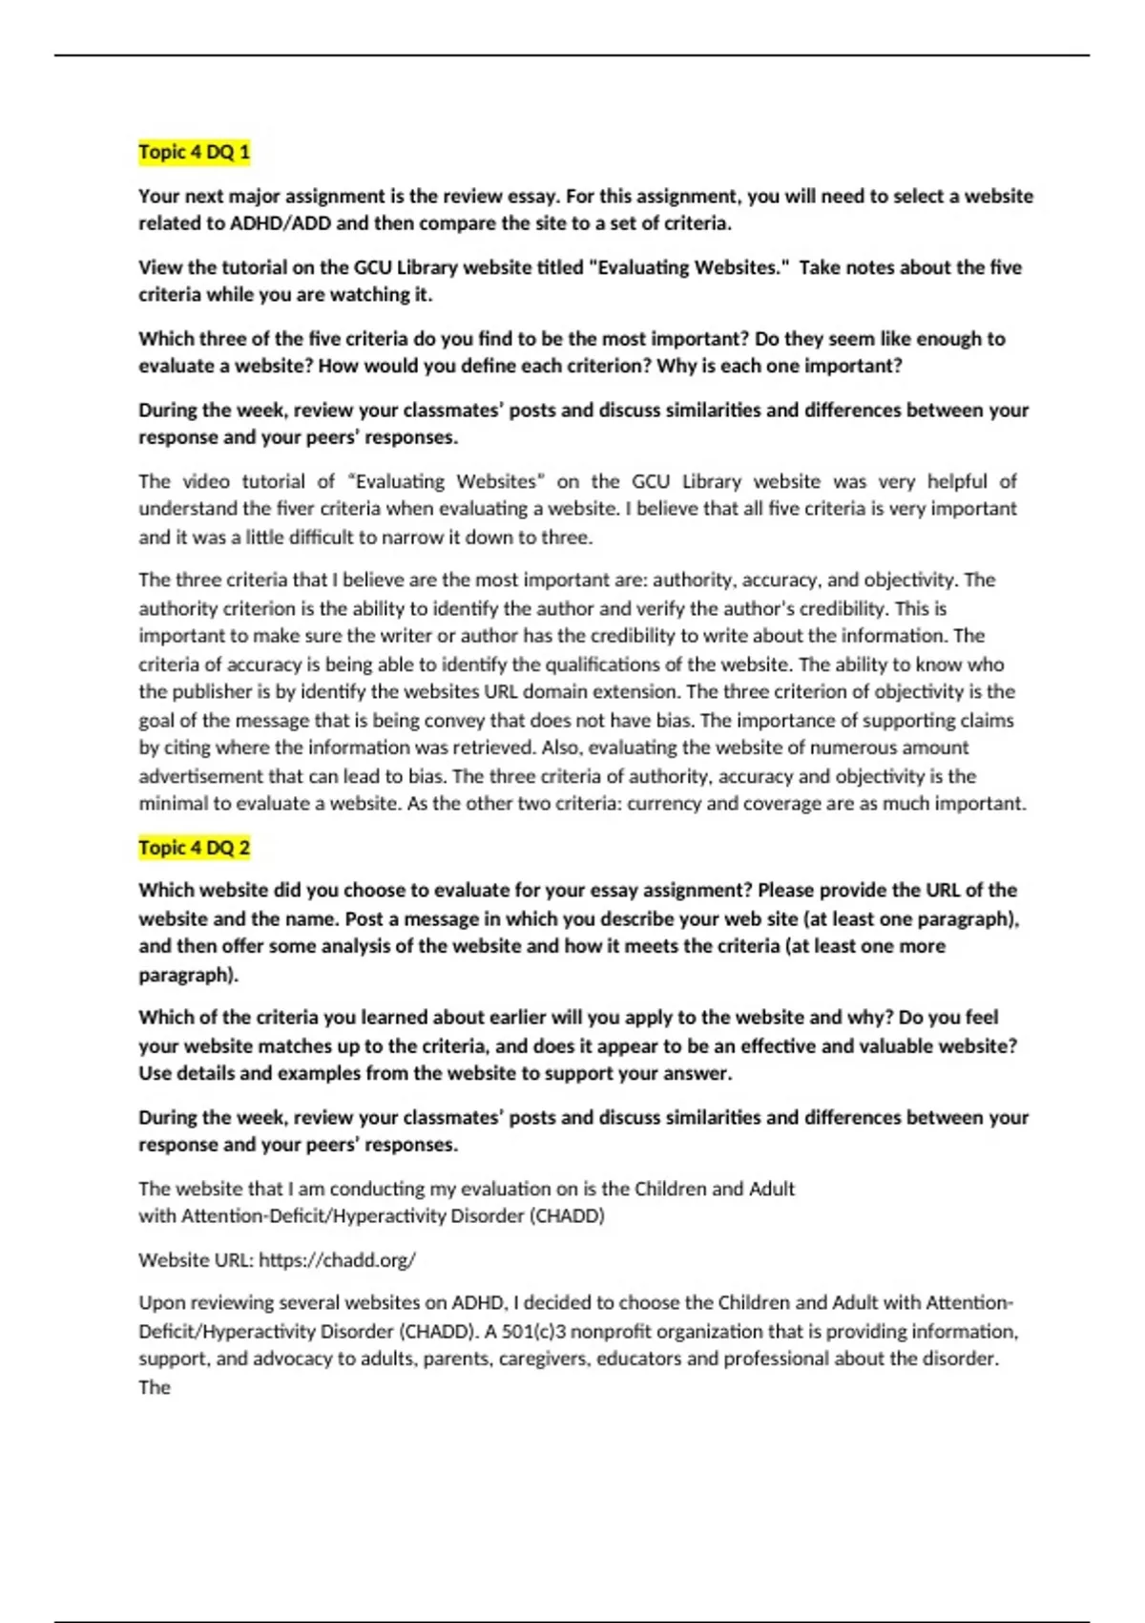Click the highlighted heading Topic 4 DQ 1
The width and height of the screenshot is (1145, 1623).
point(194,152)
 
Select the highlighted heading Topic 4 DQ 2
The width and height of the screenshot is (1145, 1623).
point(194,847)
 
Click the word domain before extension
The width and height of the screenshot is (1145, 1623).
point(560,692)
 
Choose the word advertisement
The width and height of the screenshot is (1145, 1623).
point(203,776)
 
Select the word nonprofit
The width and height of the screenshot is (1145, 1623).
point(610,1332)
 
